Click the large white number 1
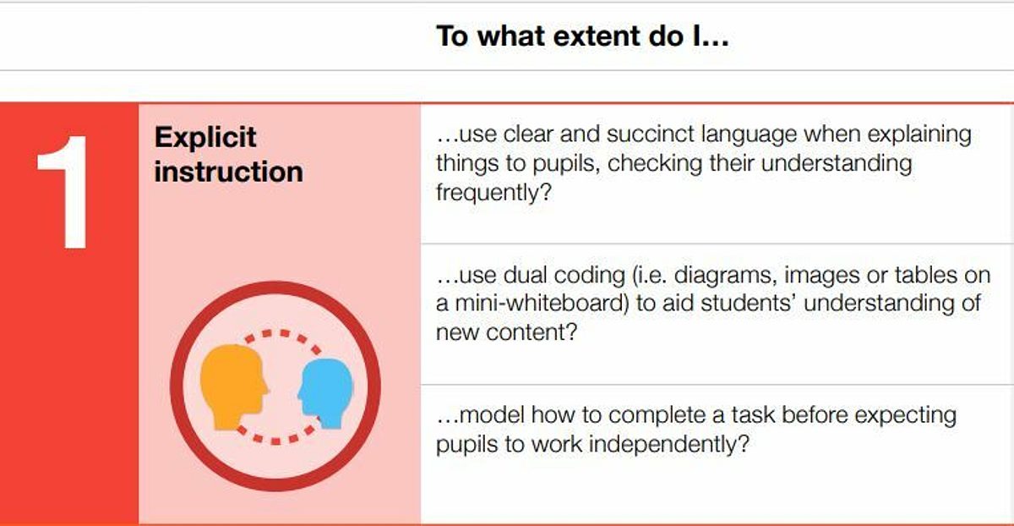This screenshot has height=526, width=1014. [66, 192]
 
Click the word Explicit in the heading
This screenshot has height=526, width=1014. [205, 137]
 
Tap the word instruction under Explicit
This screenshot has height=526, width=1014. [229, 172]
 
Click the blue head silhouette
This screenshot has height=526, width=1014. [325, 392]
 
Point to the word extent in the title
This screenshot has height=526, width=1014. [596, 36]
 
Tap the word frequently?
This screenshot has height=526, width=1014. [493, 193]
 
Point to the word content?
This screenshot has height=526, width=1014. [532, 332]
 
